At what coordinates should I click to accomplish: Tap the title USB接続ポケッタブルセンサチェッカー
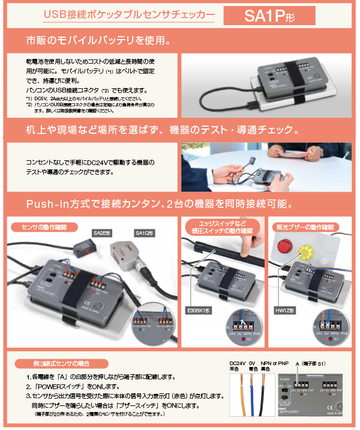click(x=130, y=16)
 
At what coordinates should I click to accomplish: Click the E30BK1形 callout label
click(x=197, y=310)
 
